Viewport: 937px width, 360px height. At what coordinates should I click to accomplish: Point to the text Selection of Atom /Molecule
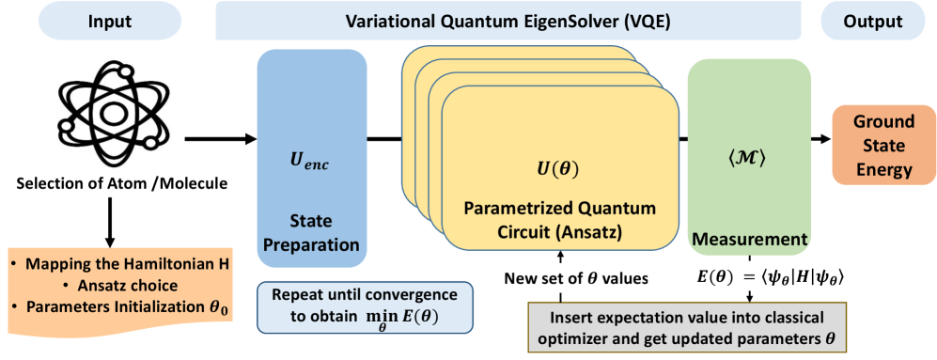click(x=113, y=183)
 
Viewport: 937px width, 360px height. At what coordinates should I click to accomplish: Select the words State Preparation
click(x=311, y=232)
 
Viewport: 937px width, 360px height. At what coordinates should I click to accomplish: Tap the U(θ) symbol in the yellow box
click(x=560, y=168)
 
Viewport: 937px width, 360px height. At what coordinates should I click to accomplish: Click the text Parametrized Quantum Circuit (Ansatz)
click(x=560, y=221)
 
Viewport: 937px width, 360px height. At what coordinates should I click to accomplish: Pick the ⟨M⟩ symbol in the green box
click(x=749, y=161)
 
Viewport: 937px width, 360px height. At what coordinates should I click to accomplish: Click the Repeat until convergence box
click(x=364, y=305)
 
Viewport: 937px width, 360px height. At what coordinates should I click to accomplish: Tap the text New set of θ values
click(x=577, y=277)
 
